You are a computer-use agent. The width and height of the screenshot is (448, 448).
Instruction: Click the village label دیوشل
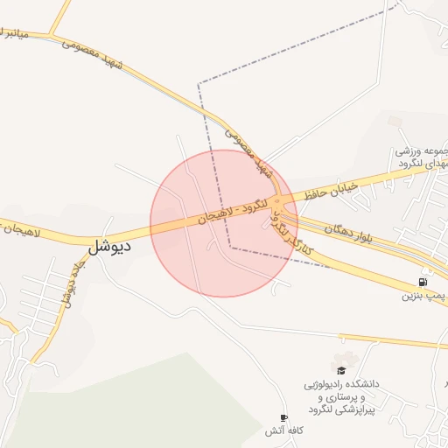[x=110, y=246]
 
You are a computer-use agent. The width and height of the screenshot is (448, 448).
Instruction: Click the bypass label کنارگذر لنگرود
[x=292, y=230]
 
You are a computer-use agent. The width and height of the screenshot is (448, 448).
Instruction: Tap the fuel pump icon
[x=424, y=283]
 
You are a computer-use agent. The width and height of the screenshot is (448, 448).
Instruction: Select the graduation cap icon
[x=340, y=371]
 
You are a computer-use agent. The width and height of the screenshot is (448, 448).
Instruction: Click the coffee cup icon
[x=283, y=417]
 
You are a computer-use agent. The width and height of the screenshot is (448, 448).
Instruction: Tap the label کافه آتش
[x=283, y=431]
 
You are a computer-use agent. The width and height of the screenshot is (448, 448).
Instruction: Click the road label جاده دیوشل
[x=69, y=282]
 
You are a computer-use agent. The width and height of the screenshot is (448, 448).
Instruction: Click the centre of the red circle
[x=224, y=223]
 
